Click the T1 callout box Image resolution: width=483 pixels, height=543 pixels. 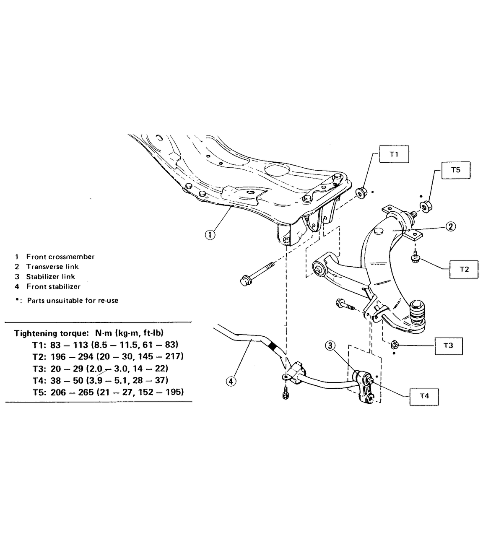pyautogui.click(x=394, y=154)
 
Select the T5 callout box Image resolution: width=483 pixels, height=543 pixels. pyautogui.click(x=455, y=170)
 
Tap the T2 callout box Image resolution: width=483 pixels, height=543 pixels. pyautogui.click(x=464, y=269)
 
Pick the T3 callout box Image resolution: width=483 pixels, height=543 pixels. pyautogui.click(x=448, y=346)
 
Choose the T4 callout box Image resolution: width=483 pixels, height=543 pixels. pyautogui.click(x=424, y=395)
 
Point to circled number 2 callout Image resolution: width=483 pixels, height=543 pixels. pyautogui.click(x=451, y=227)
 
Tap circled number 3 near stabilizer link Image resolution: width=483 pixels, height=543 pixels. pyautogui.click(x=330, y=346)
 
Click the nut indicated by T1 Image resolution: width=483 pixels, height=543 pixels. pyautogui.click(x=360, y=194)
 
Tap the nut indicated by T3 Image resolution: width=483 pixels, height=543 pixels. pyautogui.click(x=394, y=345)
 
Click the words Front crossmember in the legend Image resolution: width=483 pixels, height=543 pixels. pyautogui.click(x=60, y=257)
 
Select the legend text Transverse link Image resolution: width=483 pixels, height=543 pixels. pyautogui.click(x=52, y=267)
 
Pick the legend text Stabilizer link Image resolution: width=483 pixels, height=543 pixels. pyautogui.click(x=51, y=277)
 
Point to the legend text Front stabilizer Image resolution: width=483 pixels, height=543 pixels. pyautogui.click(x=53, y=287)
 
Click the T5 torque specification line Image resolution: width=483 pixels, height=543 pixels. pyautogui.click(x=108, y=392)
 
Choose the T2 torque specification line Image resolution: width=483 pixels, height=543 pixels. pyautogui.click(x=108, y=356)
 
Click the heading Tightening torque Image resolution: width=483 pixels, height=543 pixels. pyautogui.click(x=89, y=333)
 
